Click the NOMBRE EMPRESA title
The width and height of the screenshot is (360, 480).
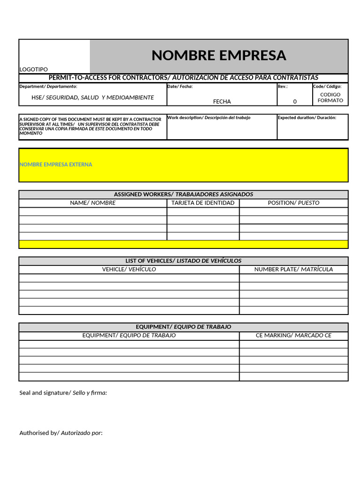[x=218, y=55]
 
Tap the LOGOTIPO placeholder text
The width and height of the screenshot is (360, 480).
[x=33, y=69]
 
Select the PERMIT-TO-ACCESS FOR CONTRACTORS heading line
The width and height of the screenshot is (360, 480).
[x=183, y=77]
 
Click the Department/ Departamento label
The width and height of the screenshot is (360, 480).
[x=48, y=86]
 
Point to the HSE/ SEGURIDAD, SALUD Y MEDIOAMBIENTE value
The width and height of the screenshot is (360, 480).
[x=92, y=97]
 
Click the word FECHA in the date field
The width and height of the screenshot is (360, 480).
[x=222, y=101]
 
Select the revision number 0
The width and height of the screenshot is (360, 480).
[x=295, y=101]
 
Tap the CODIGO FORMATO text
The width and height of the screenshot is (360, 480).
[x=330, y=97]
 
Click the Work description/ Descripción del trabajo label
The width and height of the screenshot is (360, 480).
[x=209, y=118]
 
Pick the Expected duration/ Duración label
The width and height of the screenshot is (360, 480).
[x=307, y=118]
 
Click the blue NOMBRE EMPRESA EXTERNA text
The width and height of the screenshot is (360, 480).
[x=56, y=165]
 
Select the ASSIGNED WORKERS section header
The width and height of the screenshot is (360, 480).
[x=183, y=194]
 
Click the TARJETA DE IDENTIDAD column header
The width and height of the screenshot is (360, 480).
[x=203, y=203]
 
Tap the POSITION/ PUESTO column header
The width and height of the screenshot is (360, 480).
[x=293, y=203]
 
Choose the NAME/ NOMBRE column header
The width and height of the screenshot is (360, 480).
[x=93, y=203]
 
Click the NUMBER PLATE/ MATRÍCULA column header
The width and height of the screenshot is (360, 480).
[x=293, y=269]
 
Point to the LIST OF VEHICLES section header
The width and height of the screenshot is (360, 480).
[x=183, y=261]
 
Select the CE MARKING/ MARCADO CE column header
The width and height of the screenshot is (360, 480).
[x=293, y=335]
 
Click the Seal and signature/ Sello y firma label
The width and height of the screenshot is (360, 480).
[x=63, y=393]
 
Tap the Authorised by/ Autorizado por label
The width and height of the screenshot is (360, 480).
[x=61, y=433]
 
